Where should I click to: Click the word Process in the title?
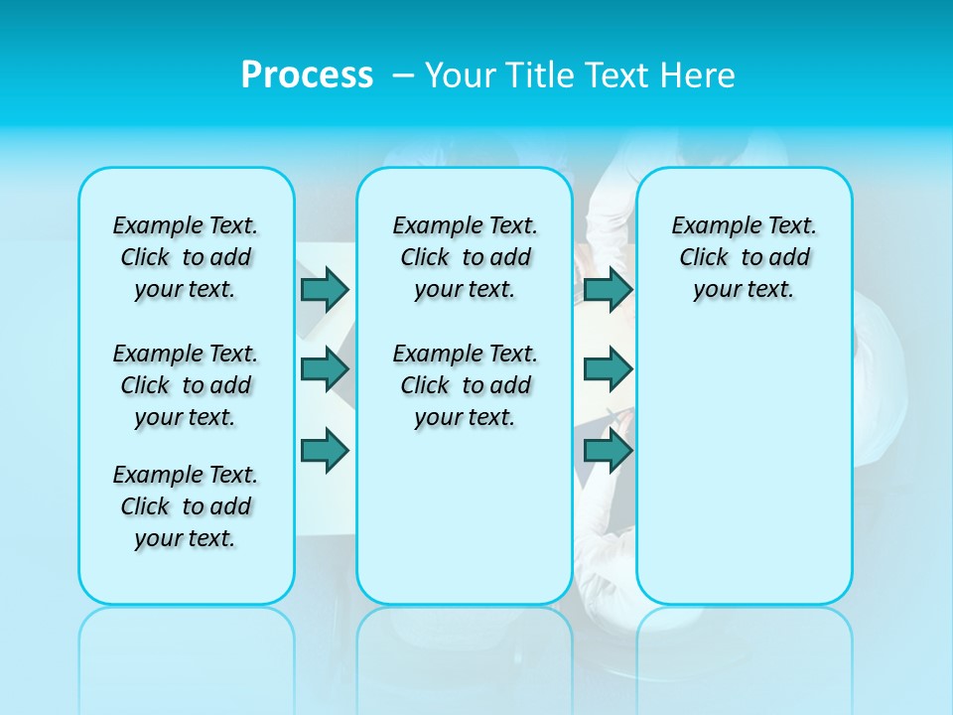pos(307,74)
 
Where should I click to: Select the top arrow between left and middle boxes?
pos(325,289)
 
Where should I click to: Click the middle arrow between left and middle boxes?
pos(325,369)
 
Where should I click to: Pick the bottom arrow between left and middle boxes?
pos(325,451)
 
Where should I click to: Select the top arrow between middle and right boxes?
pos(608,289)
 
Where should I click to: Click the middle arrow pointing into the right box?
pos(608,369)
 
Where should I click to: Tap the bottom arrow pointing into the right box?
pos(608,451)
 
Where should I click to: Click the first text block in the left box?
pos(186,257)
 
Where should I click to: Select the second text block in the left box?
pos(186,385)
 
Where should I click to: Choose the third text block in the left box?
pos(186,506)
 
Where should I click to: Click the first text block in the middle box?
pos(465,257)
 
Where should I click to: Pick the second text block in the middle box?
pos(465,385)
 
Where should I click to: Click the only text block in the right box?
pos(744,257)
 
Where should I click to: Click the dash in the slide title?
pos(403,74)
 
